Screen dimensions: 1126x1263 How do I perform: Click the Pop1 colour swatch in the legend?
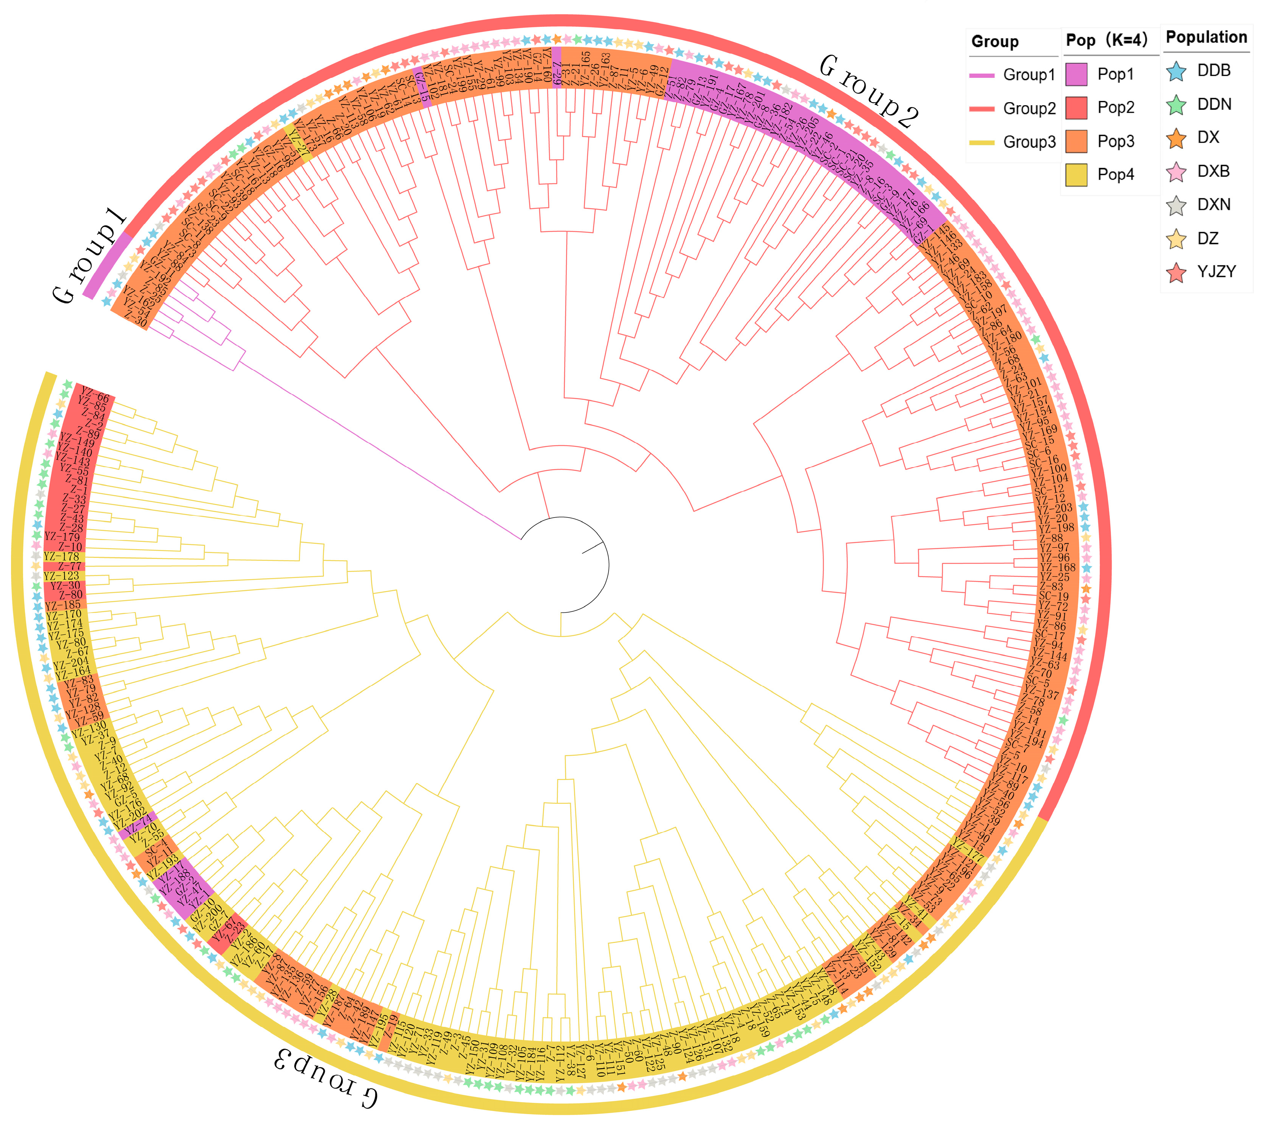[1076, 74]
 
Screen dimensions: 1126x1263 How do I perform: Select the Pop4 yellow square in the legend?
[1076, 174]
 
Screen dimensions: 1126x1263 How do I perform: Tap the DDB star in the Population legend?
[1176, 71]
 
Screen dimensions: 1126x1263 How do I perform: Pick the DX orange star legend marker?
[1176, 138]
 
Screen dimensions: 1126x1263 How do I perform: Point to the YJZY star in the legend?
[1176, 272]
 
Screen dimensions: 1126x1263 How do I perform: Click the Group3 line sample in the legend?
[982, 142]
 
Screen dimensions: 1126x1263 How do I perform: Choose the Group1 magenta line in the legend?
[982, 75]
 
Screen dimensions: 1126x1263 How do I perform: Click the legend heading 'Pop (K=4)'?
[1107, 40]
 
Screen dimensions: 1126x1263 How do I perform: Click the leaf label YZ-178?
[62, 557]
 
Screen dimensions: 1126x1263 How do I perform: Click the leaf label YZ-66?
[95, 396]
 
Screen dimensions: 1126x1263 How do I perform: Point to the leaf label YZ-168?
[1058, 567]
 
